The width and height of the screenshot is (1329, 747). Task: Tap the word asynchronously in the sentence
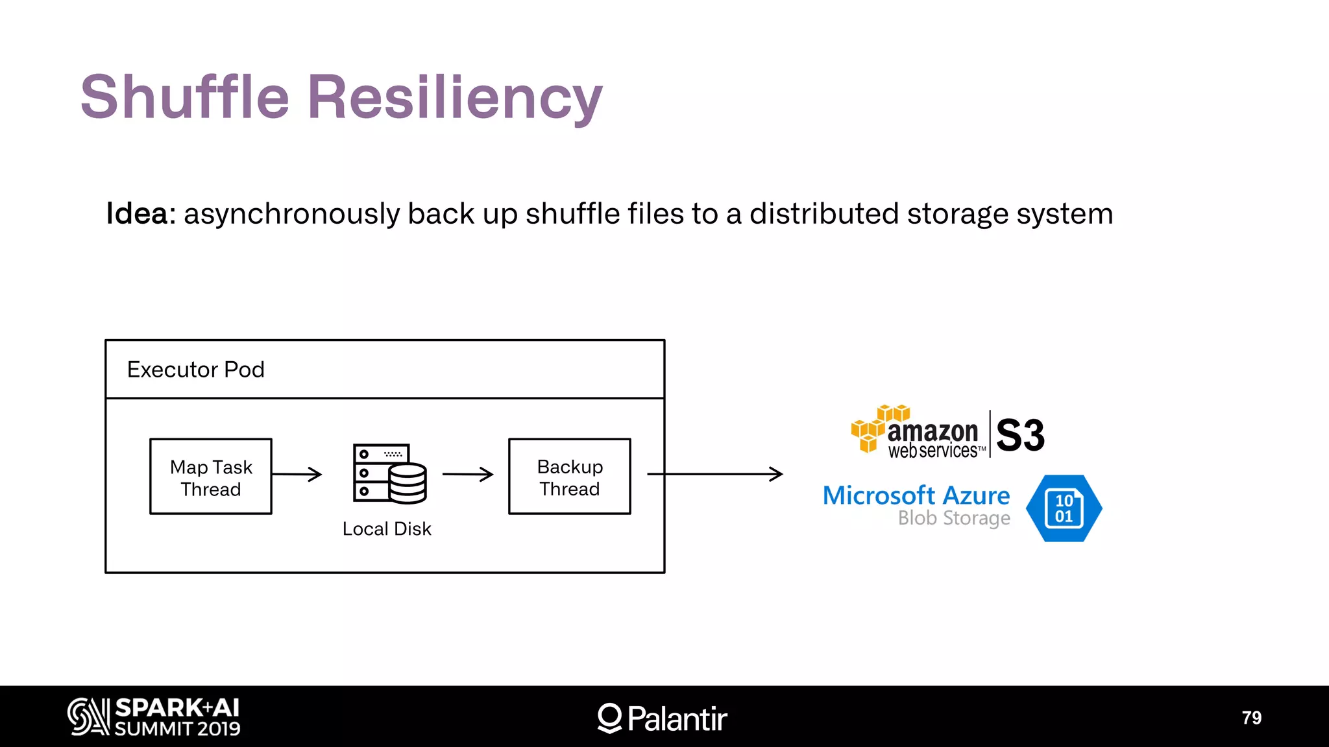(291, 214)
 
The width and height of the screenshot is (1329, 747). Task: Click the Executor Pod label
(195, 370)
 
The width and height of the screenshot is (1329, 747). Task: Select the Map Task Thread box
(211, 477)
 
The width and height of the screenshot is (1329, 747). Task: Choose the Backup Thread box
(570, 477)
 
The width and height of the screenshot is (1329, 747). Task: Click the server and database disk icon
(390, 474)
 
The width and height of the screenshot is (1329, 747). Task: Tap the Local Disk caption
(387, 529)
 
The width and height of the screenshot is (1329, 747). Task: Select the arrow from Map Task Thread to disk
(297, 474)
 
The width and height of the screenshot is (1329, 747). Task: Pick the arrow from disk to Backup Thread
(468, 474)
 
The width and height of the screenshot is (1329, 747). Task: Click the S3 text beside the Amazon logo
(1020, 435)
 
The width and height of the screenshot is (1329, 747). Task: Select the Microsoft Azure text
(916, 495)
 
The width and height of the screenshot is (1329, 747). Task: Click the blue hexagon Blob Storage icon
(1064, 508)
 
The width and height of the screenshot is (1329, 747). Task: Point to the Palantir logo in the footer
(662, 718)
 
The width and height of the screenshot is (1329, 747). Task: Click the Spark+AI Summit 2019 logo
(154, 717)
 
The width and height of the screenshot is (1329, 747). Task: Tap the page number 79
(1251, 718)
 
